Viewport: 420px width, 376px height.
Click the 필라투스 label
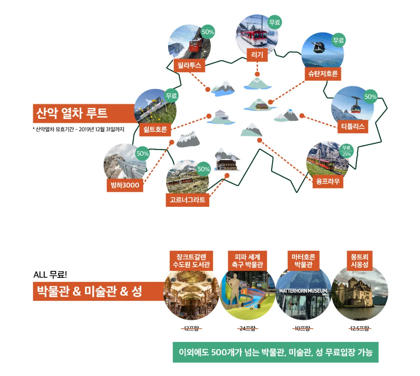(x=189, y=65)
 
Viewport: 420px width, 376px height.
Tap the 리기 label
(x=257, y=55)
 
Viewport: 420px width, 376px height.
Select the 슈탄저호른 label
(x=323, y=74)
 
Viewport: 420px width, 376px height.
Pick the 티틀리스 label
(x=353, y=126)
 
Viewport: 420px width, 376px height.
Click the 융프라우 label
(x=328, y=181)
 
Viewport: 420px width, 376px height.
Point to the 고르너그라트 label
(x=187, y=200)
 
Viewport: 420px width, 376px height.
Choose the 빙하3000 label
(x=125, y=185)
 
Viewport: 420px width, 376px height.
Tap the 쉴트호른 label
(x=155, y=130)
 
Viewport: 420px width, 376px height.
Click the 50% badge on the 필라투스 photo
(x=208, y=32)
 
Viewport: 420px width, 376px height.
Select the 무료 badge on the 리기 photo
(x=275, y=23)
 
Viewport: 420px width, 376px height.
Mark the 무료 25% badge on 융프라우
(x=346, y=151)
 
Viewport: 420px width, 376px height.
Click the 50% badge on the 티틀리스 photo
(x=370, y=97)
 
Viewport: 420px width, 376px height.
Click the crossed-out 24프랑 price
(x=247, y=328)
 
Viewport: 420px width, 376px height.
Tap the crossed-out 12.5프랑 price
(x=359, y=328)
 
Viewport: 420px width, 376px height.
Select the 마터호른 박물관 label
(x=303, y=261)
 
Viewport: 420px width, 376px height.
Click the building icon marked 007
(x=221, y=116)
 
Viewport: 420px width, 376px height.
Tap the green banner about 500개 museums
(x=275, y=352)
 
